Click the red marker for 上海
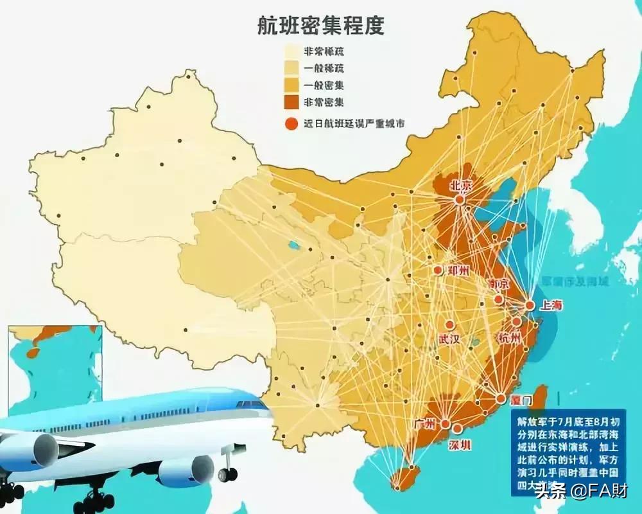(x=530, y=306)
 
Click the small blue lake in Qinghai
(x=293, y=245)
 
